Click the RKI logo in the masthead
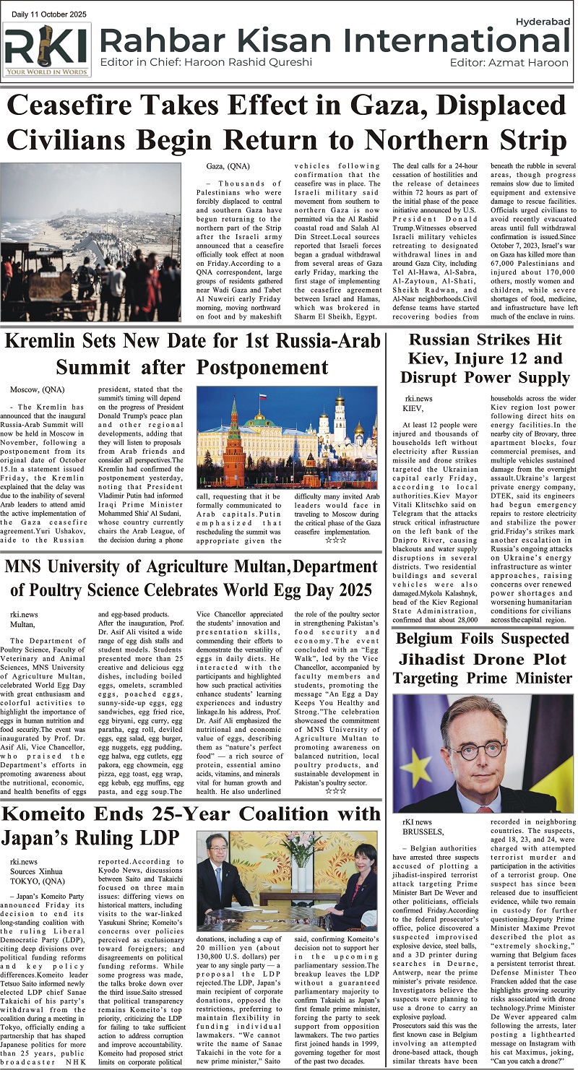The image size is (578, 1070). (x=47, y=49)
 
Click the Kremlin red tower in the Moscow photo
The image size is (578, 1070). (x=233, y=448)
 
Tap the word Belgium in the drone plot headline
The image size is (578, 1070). (x=436, y=639)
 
